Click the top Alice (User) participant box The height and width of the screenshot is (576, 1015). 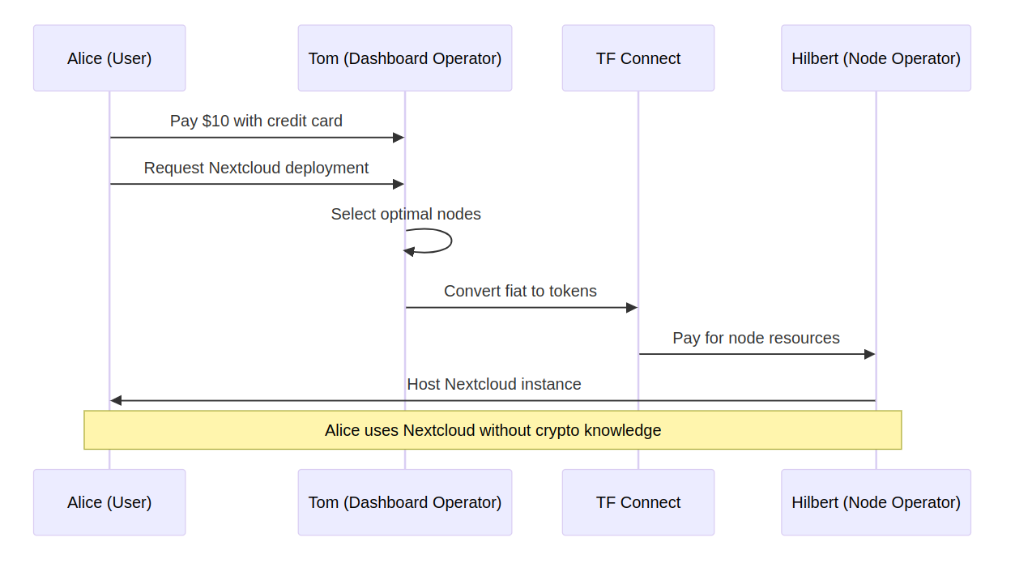pos(109,58)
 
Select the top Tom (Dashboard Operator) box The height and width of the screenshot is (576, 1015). pos(405,58)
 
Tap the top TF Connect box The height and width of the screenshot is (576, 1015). pos(638,58)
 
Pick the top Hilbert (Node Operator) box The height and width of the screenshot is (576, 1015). pos(876,58)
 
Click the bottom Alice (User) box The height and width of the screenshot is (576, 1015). pos(109,502)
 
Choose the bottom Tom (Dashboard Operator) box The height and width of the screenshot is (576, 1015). pos(405,502)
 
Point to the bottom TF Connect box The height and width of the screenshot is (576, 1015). pos(638,502)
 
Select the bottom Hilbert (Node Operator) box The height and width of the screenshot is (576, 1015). pos(876,502)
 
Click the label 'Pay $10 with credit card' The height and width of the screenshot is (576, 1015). pos(256,121)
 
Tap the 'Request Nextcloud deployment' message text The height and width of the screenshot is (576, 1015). pos(256,169)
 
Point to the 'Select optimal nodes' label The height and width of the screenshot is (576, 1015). pos(406,214)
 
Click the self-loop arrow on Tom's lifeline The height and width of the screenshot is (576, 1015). pos(451,241)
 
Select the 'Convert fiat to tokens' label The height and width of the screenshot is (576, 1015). pos(520,291)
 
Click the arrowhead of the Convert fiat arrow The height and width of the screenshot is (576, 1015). pos(632,308)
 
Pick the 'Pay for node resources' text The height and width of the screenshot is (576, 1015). pos(756,338)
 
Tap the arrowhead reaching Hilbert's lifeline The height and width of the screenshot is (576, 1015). pos(869,354)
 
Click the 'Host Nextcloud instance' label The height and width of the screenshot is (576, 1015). pos(494,384)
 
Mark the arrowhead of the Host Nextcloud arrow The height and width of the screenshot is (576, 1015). pos(116,401)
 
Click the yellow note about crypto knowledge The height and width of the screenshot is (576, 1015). pos(493,430)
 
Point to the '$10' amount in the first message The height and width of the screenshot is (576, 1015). pos(215,121)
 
